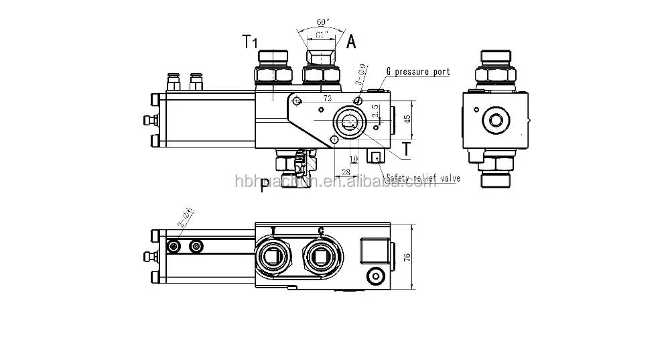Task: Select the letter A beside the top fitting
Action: [351, 42]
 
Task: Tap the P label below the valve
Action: [266, 185]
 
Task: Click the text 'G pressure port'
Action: [418, 71]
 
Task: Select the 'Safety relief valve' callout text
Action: [422, 178]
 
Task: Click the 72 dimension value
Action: [328, 98]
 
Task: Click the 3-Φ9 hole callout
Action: [362, 75]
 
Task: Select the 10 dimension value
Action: [354, 159]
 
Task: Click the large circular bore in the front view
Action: [349, 121]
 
